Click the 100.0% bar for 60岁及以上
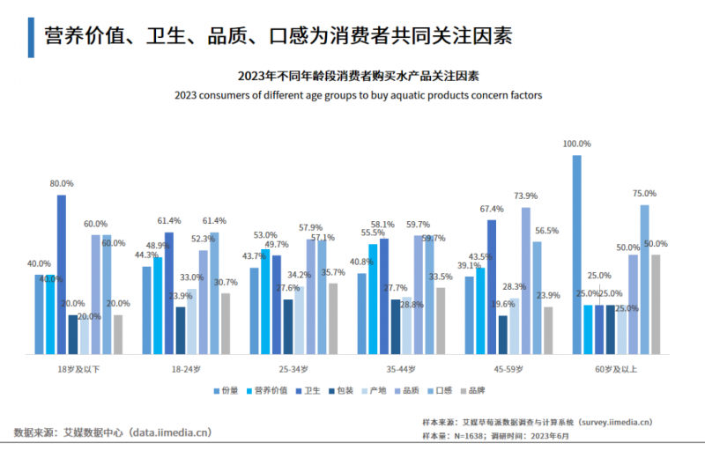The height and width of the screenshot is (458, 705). pos(577,255)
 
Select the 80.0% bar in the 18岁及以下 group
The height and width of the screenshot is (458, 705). pos(62,274)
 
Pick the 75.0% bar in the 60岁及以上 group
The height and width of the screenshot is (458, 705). pos(644,279)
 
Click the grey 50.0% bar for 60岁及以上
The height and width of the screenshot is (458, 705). pos(655,304)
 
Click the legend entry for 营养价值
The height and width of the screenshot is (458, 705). pos(271,390)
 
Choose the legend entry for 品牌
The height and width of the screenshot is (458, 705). pos(471,390)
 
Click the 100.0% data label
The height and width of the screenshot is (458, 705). pos(577,144)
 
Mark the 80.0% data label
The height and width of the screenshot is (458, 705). pos(62,183)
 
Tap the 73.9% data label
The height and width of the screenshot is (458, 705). pos(526,196)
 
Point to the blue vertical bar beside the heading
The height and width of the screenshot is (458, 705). pos(31,36)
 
